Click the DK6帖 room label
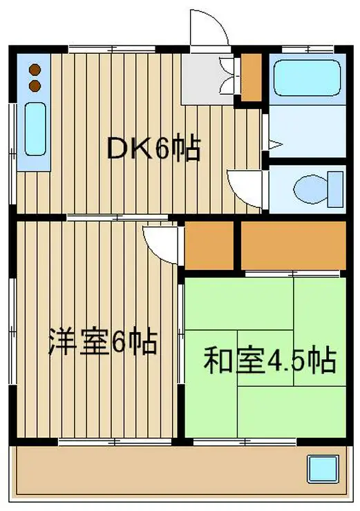click(x=153, y=149)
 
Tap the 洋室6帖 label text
click(x=103, y=343)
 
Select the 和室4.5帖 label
click(x=269, y=360)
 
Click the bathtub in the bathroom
click(x=307, y=78)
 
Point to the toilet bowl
click(x=310, y=189)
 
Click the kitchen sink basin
click(x=35, y=129)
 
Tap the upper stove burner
click(x=35, y=70)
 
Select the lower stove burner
click(x=35, y=86)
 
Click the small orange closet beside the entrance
click(x=251, y=77)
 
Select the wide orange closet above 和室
click(x=294, y=245)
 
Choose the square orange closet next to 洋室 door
click(x=209, y=245)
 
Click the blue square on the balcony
click(x=323, y=469)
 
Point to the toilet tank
click(x=336, y=189)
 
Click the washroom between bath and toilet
click(x=307, y=132)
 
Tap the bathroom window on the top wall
click(x=308, y=50)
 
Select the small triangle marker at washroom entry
click(x=274, y=144)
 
